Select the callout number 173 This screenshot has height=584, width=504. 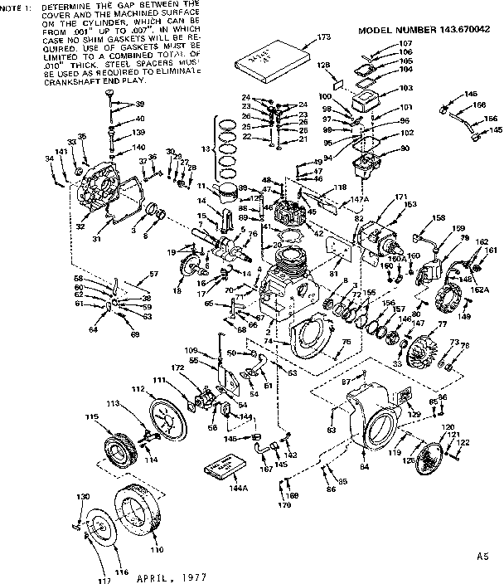click(x=323, y=37)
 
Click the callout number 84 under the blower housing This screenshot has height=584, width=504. click(x=363, y=467)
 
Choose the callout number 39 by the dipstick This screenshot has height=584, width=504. click(x=139, y=104)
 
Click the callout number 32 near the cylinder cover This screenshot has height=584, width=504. click(x=80, y=225)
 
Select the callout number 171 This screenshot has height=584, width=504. click(x=401, y=197)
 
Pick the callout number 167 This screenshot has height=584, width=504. click(x=267, y=472)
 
